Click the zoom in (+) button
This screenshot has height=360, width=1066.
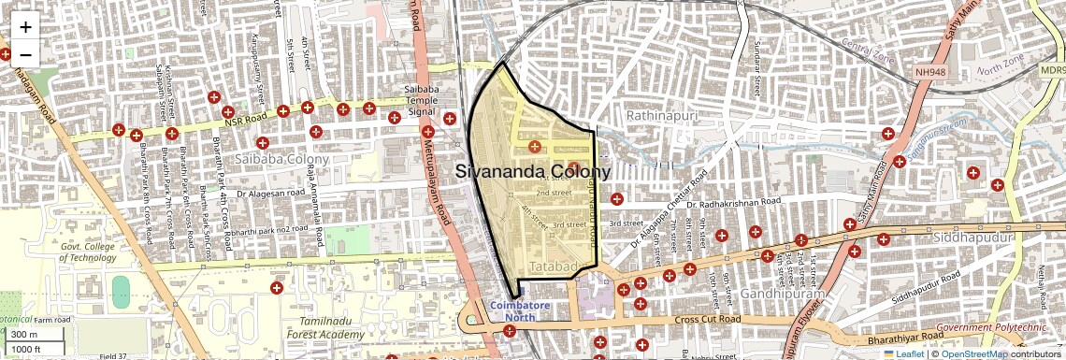(25, 27)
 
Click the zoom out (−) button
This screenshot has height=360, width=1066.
(25, 54)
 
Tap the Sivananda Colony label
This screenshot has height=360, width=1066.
(533, 172)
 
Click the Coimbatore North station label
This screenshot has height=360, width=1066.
(513, 311)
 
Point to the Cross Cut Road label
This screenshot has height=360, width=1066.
(706, 320)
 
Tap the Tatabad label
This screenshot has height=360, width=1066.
(550, 267)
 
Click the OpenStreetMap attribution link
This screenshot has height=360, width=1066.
(973, 353)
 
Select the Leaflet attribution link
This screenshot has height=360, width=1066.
(903, 353)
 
